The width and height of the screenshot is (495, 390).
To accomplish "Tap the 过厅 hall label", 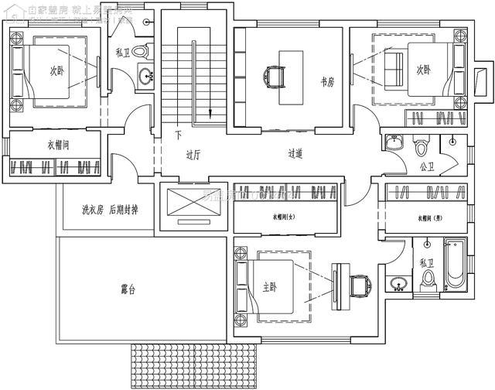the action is pos(193,154).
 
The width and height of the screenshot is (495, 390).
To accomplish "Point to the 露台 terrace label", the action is pos(128,290).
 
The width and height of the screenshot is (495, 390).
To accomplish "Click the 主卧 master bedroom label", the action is pos(270,288).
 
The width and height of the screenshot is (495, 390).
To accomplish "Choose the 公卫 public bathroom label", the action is pos(426,165).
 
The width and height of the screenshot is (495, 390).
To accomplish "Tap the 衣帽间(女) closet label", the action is pos(285,217).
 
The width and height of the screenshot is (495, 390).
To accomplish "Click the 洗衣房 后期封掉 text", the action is pos(110,210).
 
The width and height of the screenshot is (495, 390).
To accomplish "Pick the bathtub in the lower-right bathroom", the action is pos(453,267).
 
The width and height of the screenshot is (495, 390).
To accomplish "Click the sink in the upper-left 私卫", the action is pos(145,76).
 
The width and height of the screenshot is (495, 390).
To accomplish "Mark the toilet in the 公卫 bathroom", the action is pos(422,145).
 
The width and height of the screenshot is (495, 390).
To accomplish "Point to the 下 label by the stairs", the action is pos(178,135).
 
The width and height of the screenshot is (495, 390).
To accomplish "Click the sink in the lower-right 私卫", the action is pos(398,284).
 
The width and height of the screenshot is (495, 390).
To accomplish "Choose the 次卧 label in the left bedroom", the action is pos(57,71).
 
